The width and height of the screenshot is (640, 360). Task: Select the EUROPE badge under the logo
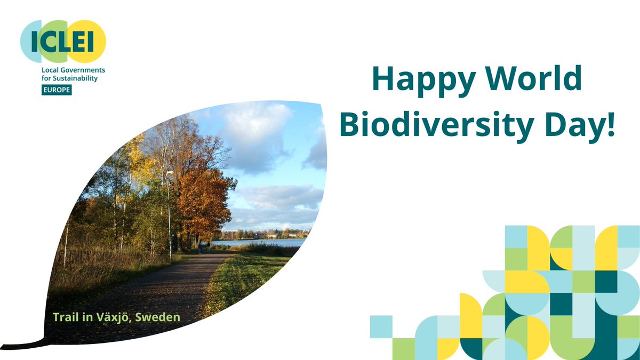pyautogui.click(x=57, y=90)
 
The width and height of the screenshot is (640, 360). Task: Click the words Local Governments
pyautogui.click(x=73, y=70)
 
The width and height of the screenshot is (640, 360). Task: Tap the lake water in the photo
pyautogui.click(x=267, y=242)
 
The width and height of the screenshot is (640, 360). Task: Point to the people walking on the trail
pyautogui.click(x=204, y=247)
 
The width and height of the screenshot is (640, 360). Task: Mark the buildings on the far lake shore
pyautogui.click(x=277, y=234)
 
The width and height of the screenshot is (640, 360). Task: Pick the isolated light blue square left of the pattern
pyautogui.click(x=381, y=326)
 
